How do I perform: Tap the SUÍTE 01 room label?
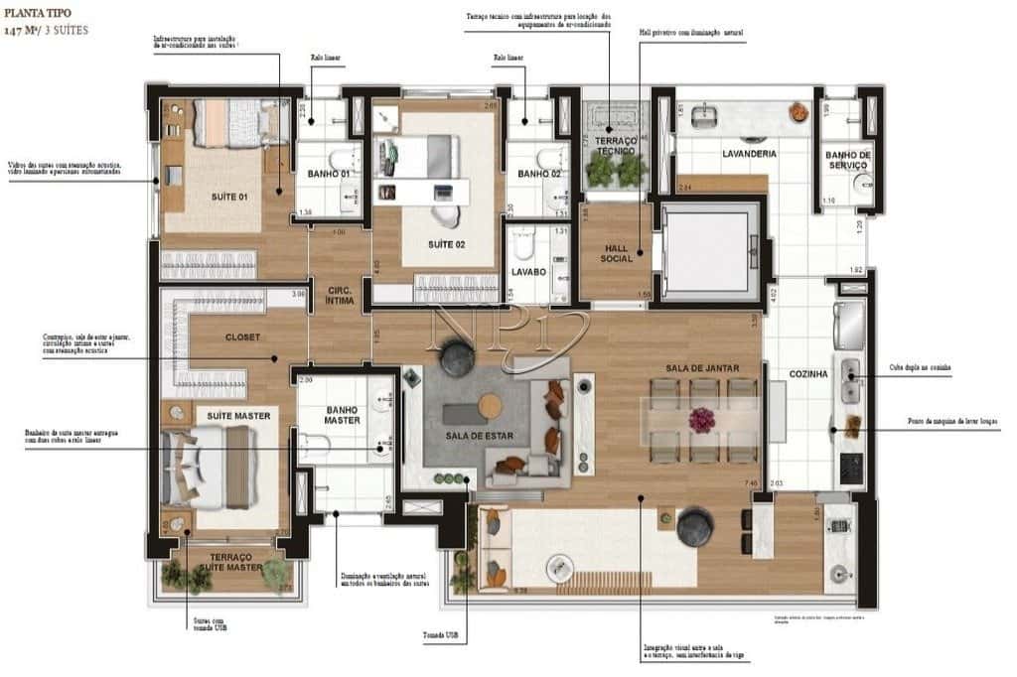pos(228,197)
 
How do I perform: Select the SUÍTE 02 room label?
pos(446,244)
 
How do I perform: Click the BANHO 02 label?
pos(538,175)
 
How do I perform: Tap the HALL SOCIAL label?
pos(616,252)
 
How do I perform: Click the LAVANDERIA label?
pos(749,154)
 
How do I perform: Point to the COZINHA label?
pos(807,374)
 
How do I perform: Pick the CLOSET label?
pos(242,337)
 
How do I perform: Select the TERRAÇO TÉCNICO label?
pos(616,148)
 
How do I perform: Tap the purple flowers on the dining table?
pos(701,419)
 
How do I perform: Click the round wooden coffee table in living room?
pos(490,405)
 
